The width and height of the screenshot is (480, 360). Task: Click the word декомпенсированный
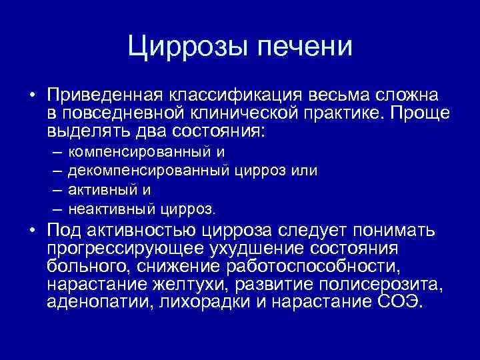click(x=149, y=170)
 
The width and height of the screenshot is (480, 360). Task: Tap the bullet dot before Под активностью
click(x=32, y=231)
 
